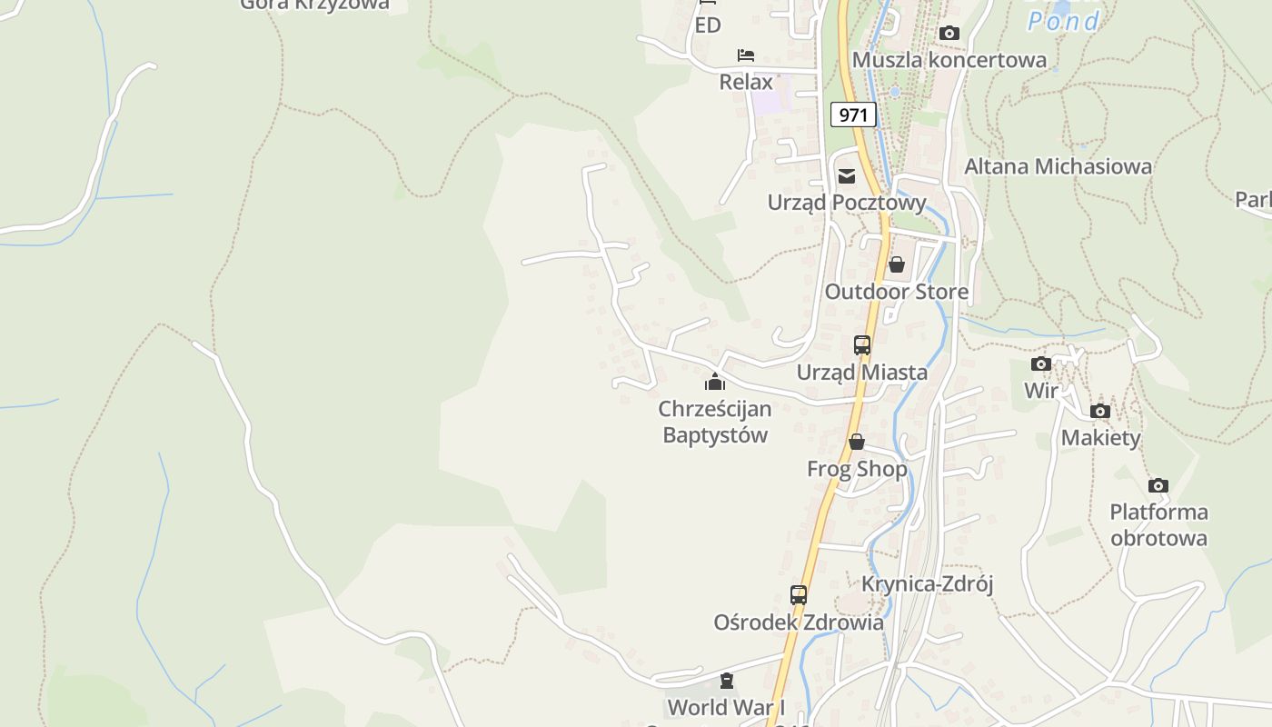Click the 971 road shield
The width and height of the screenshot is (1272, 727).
pos(853,115)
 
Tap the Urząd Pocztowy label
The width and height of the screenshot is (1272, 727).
pos(847,203)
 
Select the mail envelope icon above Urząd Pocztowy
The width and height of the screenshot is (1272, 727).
pos(847,176)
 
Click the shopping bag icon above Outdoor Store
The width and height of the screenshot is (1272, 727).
pos(897,264)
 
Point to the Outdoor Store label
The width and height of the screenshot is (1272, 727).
pos(897,292)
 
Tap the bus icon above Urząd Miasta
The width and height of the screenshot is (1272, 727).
pos(862,345)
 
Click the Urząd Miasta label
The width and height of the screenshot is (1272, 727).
pos(862,372)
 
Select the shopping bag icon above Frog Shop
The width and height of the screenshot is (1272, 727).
pos(857,443)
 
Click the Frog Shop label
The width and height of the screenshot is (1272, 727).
pos(857,469)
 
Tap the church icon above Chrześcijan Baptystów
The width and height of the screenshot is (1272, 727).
pos(715,382)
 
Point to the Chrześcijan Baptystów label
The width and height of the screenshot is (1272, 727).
pos(715,422)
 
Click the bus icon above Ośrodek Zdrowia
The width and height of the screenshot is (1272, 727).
pos(799,595)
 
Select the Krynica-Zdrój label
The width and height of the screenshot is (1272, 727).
pos(928,583)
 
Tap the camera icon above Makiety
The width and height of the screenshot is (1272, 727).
pos(1100,412)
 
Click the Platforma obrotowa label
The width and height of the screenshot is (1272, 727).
pos(1158,524)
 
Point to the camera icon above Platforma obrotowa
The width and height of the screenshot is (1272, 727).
pos(1158,485)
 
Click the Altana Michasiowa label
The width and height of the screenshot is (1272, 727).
pos(1058,166)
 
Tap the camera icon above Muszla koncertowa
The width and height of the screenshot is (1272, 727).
pos(949,34)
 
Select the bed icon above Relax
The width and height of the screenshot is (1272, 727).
pos(746,55)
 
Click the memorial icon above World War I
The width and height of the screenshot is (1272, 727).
pos(727,681)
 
